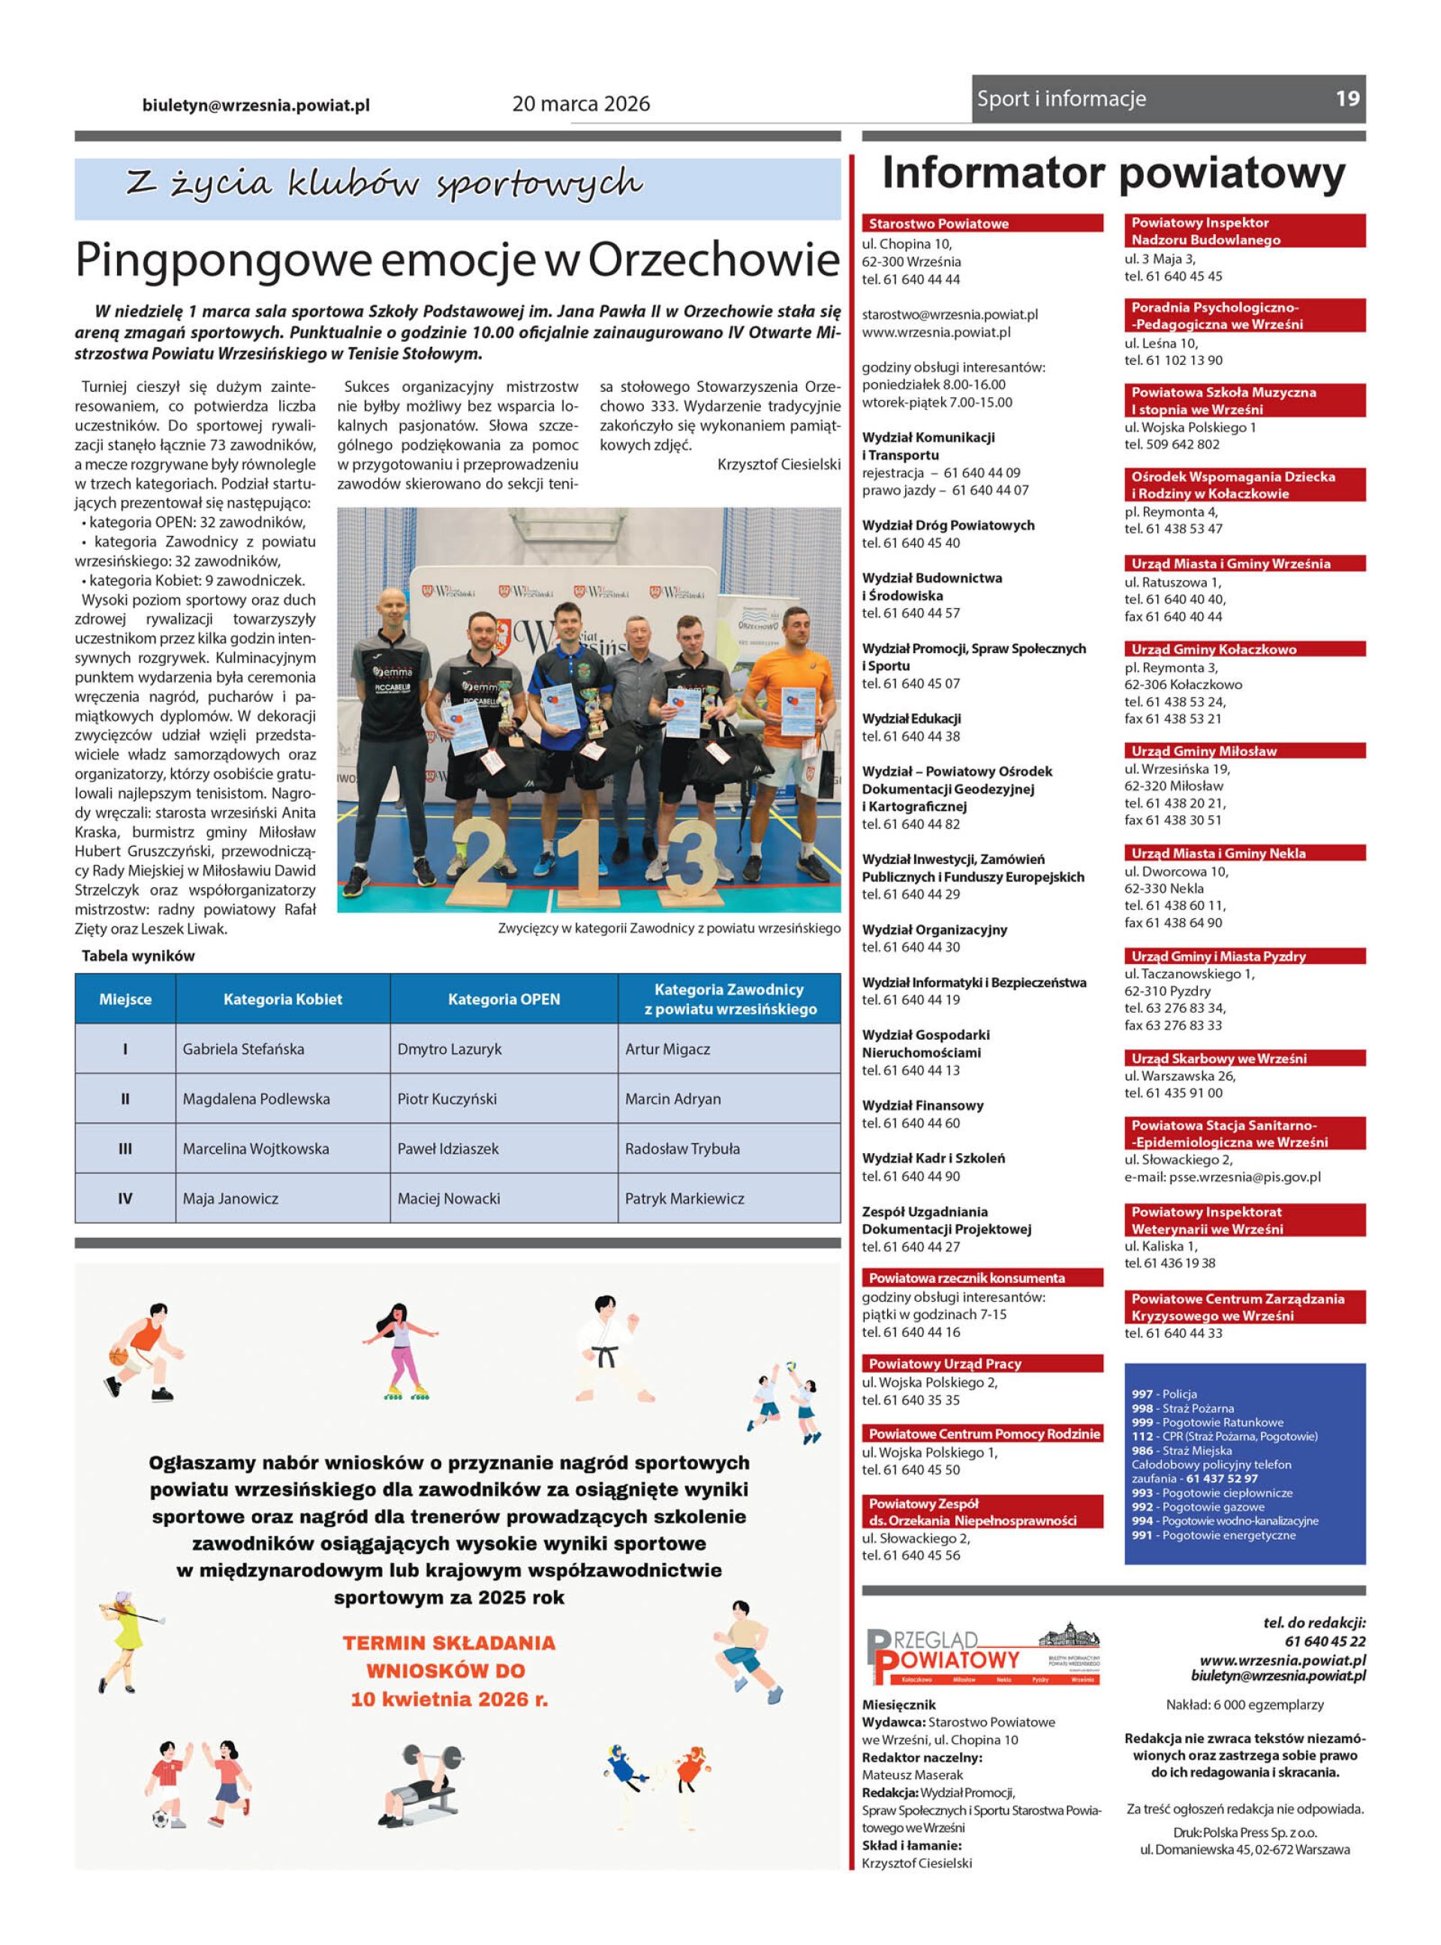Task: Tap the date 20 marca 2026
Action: pyautogui.click(x=581, y=104)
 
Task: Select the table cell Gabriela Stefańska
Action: pyautogui.click(x=243, y=1049)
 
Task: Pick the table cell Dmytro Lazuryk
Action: pyautogui.click(x=450, y=1049)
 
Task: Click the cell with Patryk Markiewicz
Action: pyautogui.click(x=684, y=1198)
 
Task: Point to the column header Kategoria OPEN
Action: pyautogui.click(x=504, y=998)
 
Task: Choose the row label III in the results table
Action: pyautogui.click(x=125, y=1149)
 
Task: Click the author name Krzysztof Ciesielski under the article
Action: pyautogui.click(x=778, y=464)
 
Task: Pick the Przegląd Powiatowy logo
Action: pyautogui.click(x=982, y=1654)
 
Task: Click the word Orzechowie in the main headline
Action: pyautogui.click(x=713, y=260)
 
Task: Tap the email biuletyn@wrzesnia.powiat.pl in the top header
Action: pyautogui.click(x=256, y=106)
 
